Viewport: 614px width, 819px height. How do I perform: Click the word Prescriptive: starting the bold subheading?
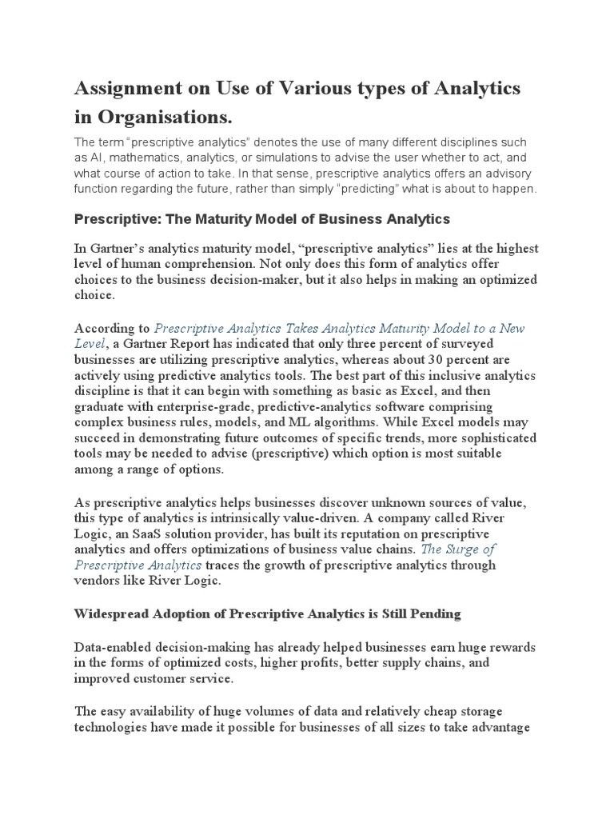(112, 218)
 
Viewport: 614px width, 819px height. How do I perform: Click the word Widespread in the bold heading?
(114, 614)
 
